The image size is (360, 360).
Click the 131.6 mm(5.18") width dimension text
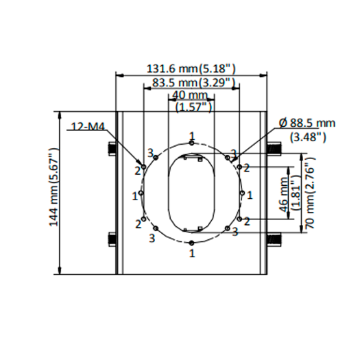coord(191,69)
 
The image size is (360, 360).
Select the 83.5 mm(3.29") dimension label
coord(191,82)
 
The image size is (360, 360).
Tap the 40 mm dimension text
coord(190,95)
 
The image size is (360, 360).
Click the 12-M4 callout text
coord(85,126)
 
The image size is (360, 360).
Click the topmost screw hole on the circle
coord(192,143)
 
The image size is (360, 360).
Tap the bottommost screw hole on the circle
coord(192,243)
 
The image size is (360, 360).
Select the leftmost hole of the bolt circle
coord(141,193)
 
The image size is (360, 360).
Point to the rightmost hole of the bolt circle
coord(242,193)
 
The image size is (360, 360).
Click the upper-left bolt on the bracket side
coord(110,147)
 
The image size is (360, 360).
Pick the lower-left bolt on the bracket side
coord(110,239)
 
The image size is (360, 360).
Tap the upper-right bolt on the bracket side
coord(273,147)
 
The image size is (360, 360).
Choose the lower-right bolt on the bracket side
coord(273,239)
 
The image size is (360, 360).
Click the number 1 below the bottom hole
coord(191,253)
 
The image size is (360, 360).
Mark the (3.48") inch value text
coord(308,136)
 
